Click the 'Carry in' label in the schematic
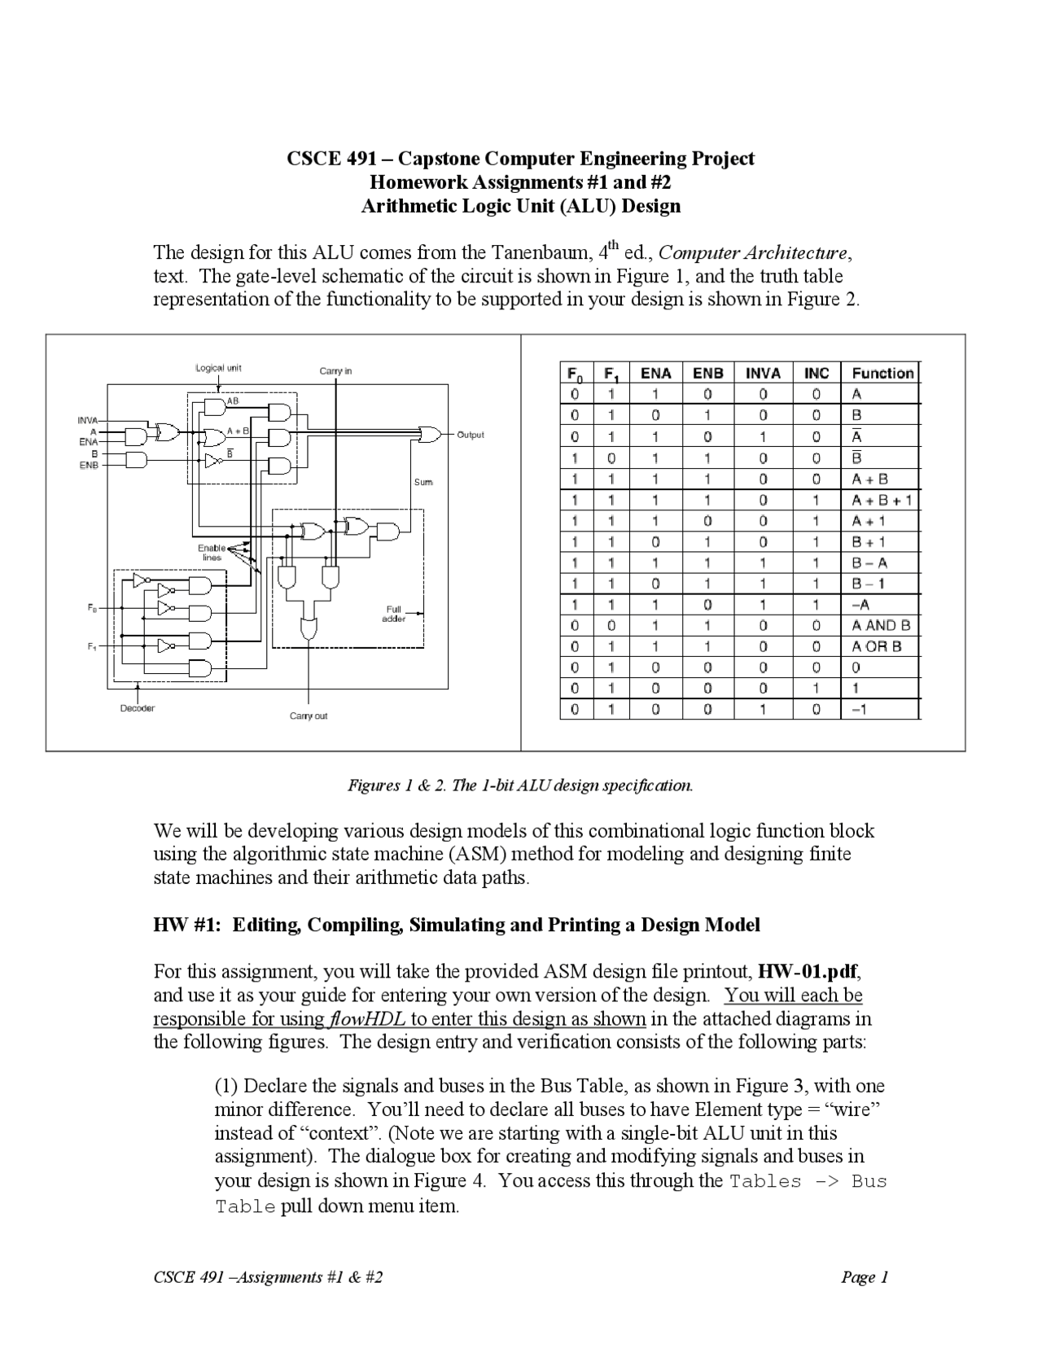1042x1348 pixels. click(335, 371)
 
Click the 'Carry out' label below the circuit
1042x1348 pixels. click(309, 716)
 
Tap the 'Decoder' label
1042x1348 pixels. click(138, 708)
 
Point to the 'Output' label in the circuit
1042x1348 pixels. click(470, 435)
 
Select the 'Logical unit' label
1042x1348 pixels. click(218, 368)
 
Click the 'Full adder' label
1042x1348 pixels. click(393, 614)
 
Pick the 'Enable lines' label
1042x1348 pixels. click(212, 553)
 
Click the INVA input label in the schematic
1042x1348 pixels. click(87, 420)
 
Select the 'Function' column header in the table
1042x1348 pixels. click(882, 374)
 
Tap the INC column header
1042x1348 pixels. click(816, 374)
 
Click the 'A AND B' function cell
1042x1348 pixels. click(881, 626)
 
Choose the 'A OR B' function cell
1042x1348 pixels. click(877, 647)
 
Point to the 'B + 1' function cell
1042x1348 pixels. click(869, 542)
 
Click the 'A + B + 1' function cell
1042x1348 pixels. click(882, 500)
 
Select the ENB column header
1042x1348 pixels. click(707, 374)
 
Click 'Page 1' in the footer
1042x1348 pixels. click(865, 1277)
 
